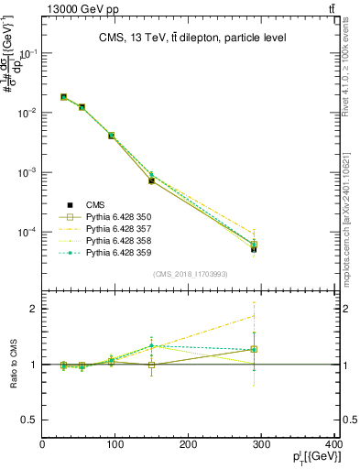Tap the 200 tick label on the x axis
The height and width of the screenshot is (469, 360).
tap(189, 445)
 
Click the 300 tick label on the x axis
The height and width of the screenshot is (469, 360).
tap(262, 445)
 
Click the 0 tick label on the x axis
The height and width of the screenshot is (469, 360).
tap(42, 445)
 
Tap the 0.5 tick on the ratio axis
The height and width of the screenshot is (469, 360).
tap(28, 420)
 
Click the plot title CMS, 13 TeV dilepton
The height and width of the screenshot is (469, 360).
tap(193, 38)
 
